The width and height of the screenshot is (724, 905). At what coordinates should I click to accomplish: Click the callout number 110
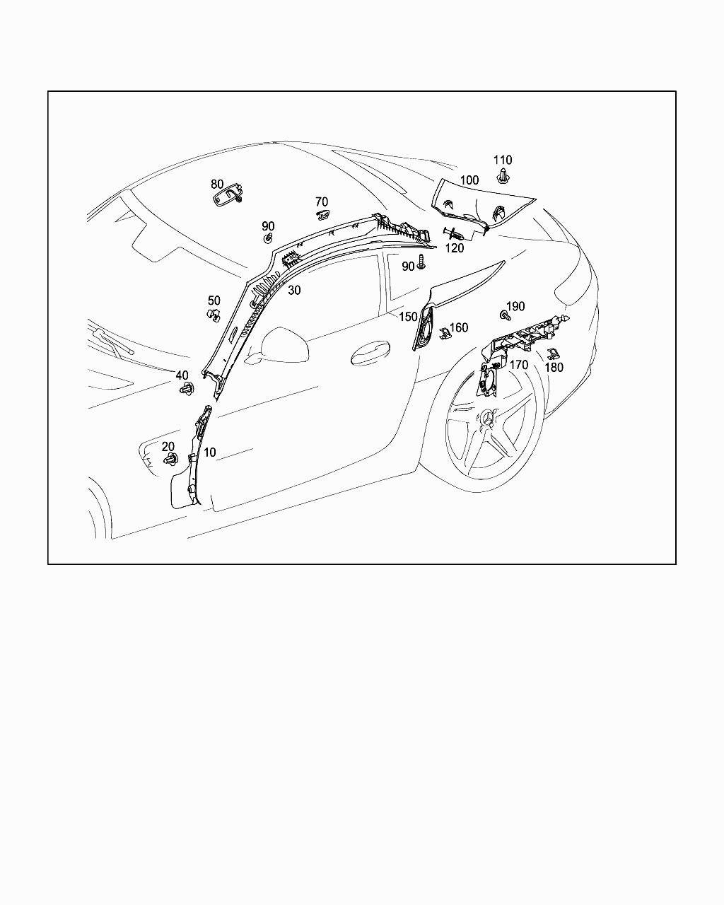pos(502,160)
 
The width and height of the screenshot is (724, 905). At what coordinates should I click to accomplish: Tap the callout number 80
pos(217,185)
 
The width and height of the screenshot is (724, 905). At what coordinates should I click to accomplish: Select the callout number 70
pos(322,202)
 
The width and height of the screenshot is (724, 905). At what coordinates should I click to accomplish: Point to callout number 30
pos(295,290)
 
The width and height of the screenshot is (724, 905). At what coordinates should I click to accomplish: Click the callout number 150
pos(408,317)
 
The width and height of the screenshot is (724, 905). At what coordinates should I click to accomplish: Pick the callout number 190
pos(515,306)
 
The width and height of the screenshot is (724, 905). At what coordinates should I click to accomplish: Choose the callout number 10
pos(209,452)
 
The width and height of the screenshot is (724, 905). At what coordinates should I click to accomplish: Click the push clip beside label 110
pos(502,176)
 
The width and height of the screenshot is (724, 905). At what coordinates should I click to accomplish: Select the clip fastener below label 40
pos(187,389)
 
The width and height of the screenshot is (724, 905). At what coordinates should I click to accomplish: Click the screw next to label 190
pos(505,315)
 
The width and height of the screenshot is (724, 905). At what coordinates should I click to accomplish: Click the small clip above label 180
pos(552,354)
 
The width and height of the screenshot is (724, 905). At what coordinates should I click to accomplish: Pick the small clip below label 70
pos(323,215)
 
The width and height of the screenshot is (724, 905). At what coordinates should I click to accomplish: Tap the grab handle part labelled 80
pos(228,196)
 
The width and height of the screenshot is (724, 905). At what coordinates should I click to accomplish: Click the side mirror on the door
pos(281,345)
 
